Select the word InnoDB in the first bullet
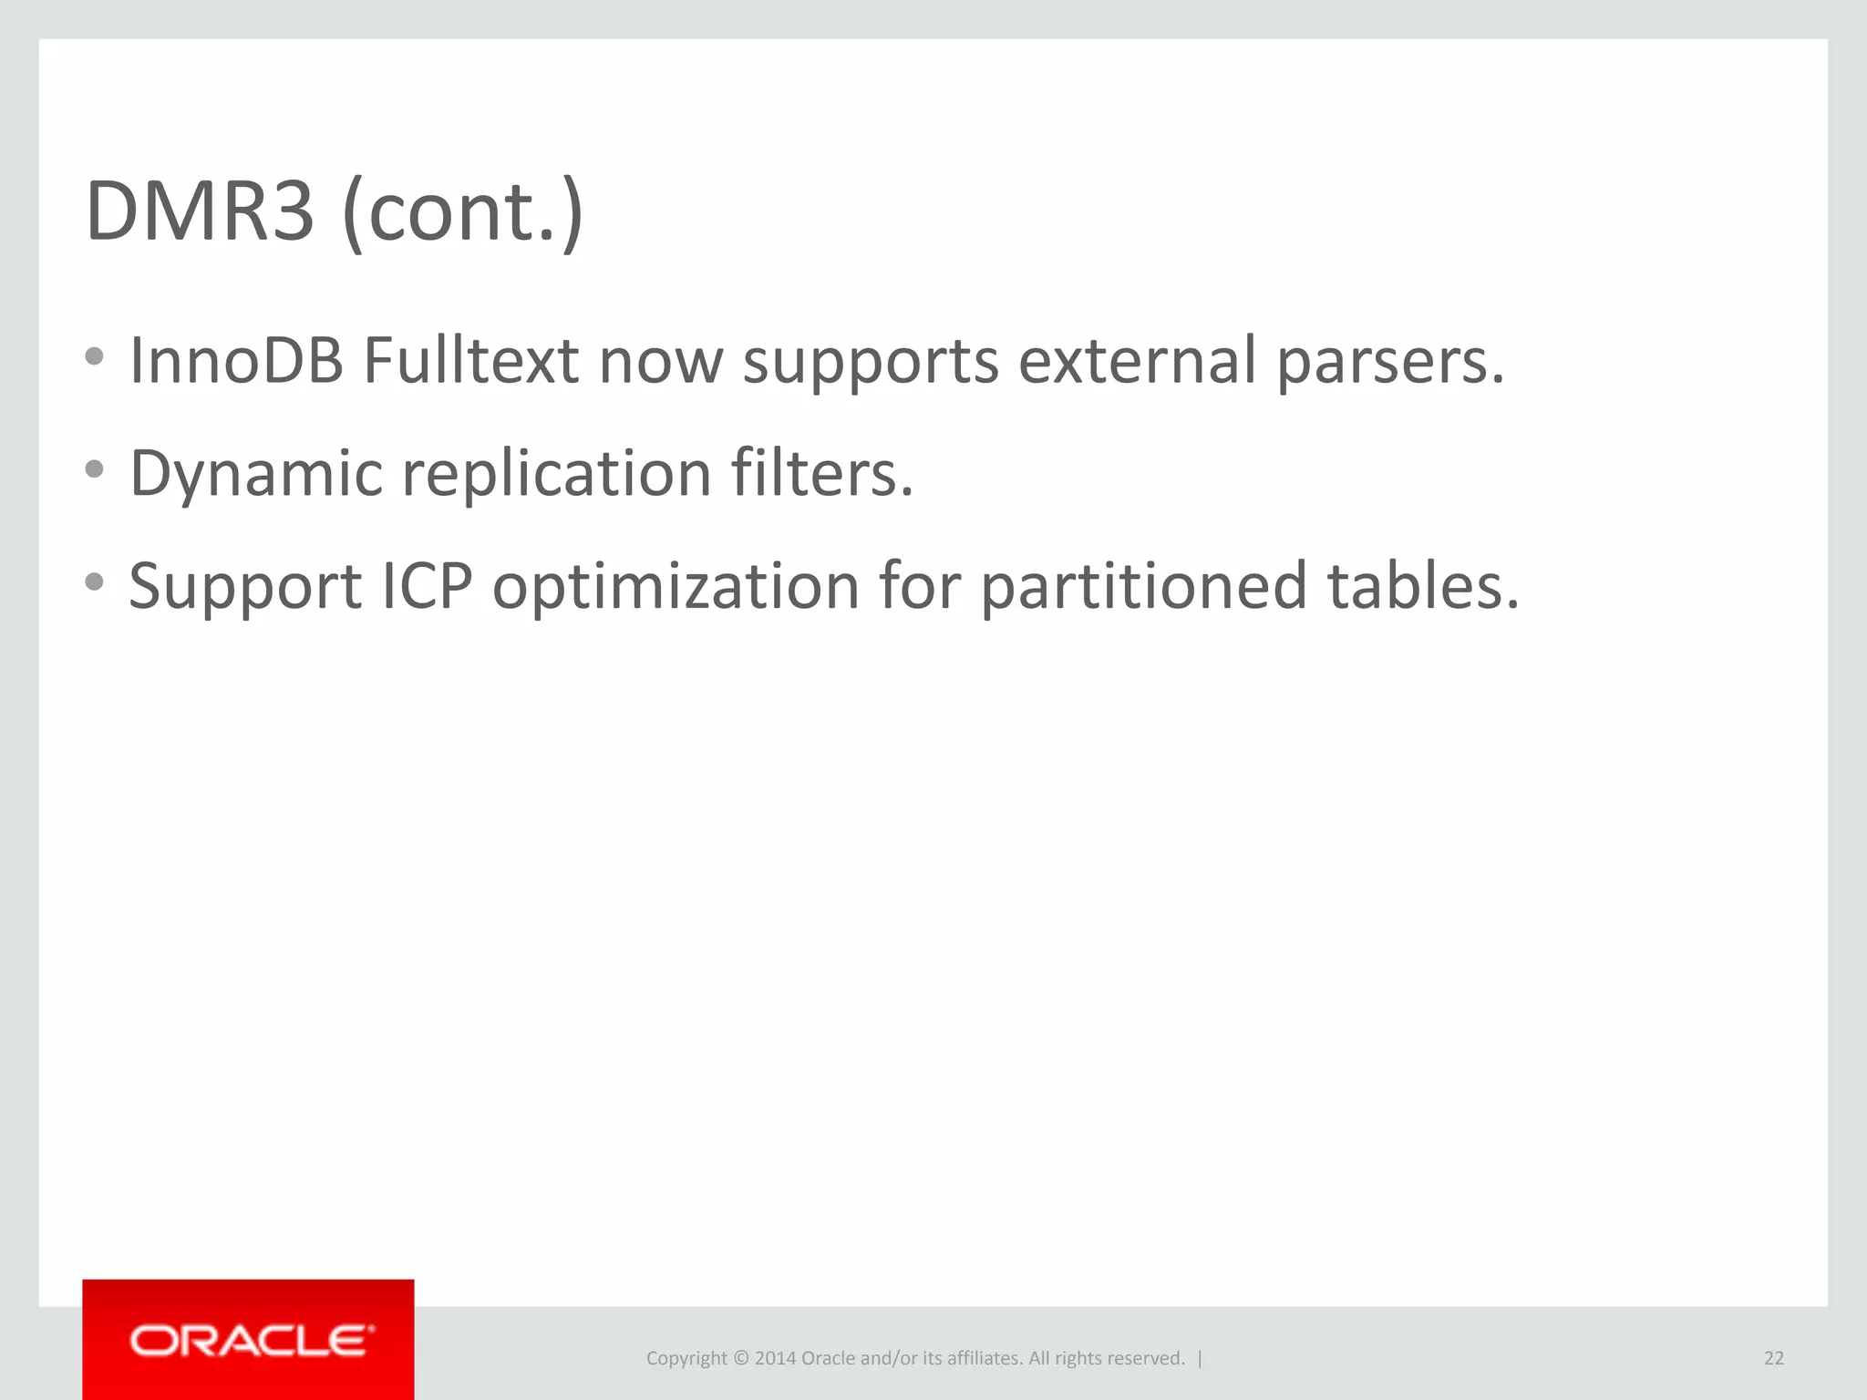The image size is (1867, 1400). point(236,361)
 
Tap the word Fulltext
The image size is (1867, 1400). point(470,361)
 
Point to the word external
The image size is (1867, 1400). point(1137,361)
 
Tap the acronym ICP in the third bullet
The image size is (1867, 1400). point(428,586)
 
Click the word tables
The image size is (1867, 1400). point(1423,586)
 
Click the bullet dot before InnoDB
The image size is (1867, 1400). point(94,356)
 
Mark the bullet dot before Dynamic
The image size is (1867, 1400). point(94,469)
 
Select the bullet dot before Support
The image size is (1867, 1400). point(94,582)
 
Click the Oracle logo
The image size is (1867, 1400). point(249,1340)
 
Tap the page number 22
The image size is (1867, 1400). point(1773,1358)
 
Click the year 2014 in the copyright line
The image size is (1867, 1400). point(775,1358)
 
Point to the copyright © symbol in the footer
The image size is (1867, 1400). point(740,1358)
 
